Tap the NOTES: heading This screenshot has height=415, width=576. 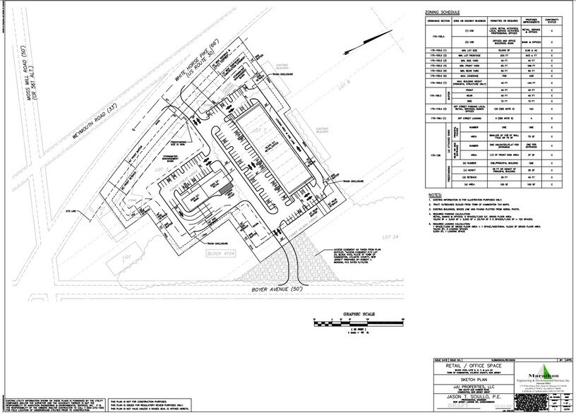pos(427,193)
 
